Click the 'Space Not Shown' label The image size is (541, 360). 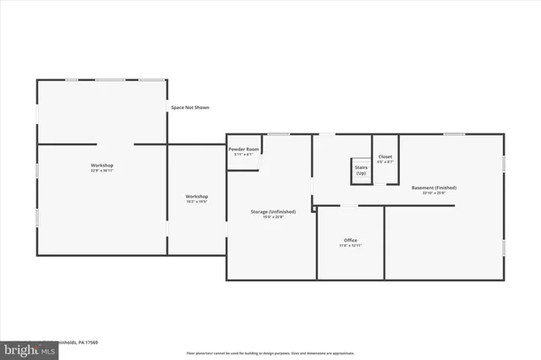coord(189,107)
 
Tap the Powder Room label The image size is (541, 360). coord(243,149)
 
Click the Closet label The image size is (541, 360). coord(385,156)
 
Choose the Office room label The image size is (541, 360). coord(350,240)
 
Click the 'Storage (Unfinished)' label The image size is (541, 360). coord(272,211)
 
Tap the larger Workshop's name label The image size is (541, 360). coord(102,165)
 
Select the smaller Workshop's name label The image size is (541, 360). coord(197,197)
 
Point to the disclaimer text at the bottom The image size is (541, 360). coord(270,353)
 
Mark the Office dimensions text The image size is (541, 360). coord(350,246)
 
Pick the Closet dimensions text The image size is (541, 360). coord(385,161)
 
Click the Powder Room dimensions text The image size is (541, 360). coord(243,154)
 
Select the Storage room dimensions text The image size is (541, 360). coord(272,217)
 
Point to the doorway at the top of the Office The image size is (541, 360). coord(348,205)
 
